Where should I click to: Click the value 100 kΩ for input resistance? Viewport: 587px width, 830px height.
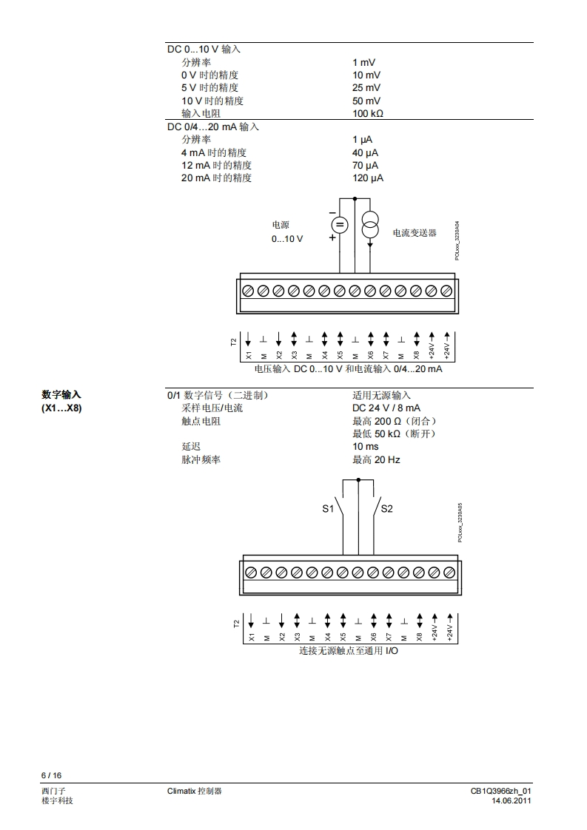[368, 114]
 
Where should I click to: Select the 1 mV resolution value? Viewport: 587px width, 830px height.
[365, 63]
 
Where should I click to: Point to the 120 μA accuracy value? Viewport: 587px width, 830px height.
[368, 178]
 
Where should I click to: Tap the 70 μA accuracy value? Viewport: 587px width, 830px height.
[365, 165]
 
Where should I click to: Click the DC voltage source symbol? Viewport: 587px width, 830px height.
[339, 225]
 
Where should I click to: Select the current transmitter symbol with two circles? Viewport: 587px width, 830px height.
[370, 224]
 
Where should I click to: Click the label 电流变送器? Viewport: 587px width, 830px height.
[415, 233]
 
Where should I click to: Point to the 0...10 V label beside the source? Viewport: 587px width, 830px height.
[287, 239]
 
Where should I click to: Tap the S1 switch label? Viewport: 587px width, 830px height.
[328, 509]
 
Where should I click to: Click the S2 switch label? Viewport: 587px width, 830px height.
[386, 509]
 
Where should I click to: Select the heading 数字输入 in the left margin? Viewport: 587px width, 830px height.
[61, 395]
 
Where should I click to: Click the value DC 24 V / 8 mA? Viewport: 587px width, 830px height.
[386, 408]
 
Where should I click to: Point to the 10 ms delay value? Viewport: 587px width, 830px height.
[365, 447]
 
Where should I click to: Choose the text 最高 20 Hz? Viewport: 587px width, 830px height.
[376, 460]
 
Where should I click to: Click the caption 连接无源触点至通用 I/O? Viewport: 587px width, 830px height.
[348, 651]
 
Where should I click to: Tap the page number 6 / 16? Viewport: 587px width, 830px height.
[51, 775]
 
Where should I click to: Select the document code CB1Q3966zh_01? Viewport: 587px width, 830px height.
[501, 791]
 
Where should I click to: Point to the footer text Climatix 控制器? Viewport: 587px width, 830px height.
[195, 791]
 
